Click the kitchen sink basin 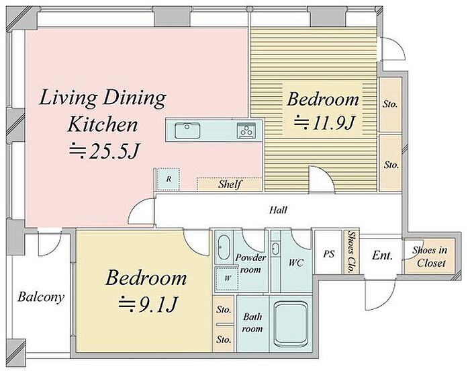[187, 130]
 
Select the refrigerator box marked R [168, 179]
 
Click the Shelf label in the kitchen [230, 184]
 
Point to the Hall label [278, 210]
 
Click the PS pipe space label [328, 254]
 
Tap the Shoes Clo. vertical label [350, 252]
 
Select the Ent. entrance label [382, 255]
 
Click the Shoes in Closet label [430, 257]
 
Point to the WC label [296, 263]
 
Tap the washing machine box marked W [227, 278]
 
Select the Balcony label [41, 297]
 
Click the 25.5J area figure [104, 151]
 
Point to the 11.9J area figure [324, 123]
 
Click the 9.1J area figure [148, 304]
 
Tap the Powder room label [250, 263]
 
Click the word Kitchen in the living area [103, 124]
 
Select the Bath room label [252, 323]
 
